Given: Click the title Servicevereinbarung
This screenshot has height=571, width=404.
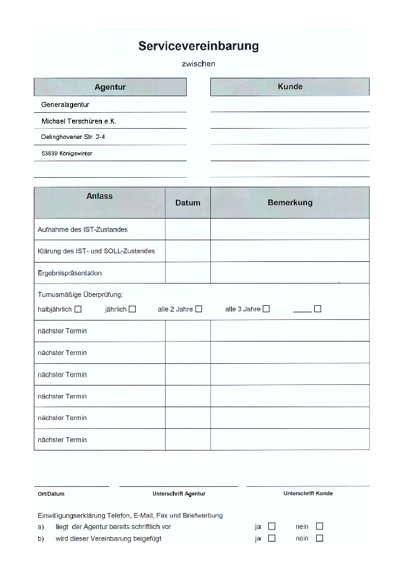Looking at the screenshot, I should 198,47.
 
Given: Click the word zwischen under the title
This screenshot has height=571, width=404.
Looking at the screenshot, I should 198,64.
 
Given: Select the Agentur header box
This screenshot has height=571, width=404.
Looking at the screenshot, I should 110,87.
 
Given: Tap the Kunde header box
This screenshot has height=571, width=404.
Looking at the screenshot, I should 290,87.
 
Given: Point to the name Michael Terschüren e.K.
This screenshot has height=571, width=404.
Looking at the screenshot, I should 78,120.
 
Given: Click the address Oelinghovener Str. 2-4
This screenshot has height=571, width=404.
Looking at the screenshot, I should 69,136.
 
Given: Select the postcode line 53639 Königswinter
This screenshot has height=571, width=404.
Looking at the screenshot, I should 67,153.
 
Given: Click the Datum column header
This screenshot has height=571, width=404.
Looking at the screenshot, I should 187,203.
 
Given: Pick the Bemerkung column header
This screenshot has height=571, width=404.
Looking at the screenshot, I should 290,203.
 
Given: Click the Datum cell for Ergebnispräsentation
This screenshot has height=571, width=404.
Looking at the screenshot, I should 187,273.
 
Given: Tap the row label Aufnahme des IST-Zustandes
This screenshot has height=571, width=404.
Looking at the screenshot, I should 83,229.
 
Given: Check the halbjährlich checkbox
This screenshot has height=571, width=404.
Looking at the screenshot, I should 78,309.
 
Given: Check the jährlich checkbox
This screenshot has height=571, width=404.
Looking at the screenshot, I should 132,309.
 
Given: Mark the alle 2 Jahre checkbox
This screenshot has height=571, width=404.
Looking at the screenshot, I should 199,309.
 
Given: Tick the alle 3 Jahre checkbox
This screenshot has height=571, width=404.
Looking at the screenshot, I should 266,309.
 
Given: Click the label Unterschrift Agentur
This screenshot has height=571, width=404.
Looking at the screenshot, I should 178,494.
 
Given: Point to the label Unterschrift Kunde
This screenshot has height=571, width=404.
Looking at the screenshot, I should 308,493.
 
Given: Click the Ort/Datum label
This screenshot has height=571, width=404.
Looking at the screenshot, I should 51,494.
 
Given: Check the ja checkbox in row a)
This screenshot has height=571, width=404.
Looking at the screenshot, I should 272,526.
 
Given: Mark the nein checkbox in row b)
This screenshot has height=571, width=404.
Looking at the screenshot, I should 319,538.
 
